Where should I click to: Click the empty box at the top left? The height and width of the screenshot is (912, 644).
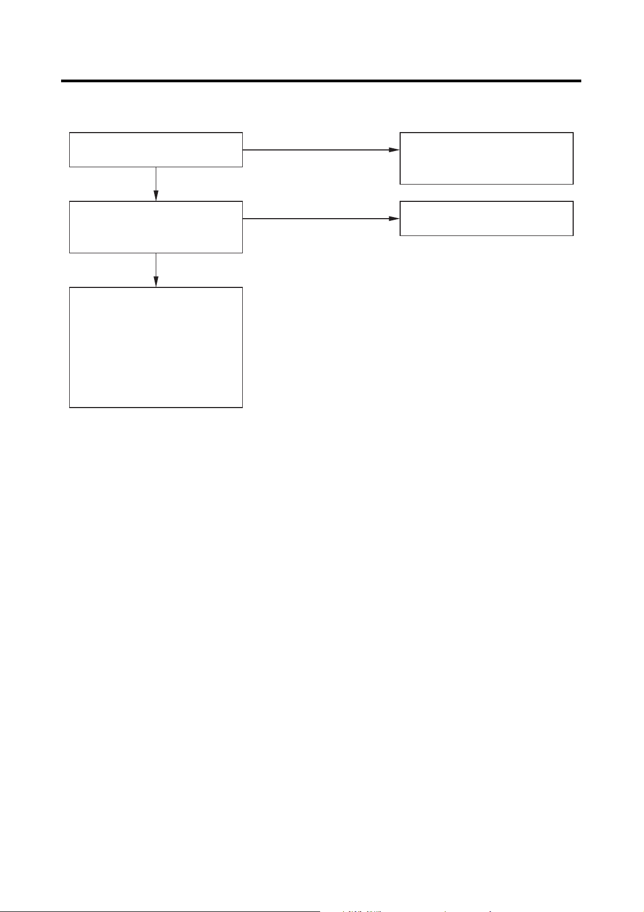(x=156, y=149)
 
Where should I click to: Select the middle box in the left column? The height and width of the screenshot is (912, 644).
(x=156, y=227)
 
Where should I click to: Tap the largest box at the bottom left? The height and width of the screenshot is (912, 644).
(x=156, y=347)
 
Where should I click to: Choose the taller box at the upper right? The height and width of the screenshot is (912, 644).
(x=486, y=158)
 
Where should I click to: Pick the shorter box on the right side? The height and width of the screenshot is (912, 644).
(x=486, y=218)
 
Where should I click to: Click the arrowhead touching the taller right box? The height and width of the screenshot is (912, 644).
(x=394, y=149)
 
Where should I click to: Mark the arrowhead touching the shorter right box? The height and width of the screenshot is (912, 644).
(x=394, y=219)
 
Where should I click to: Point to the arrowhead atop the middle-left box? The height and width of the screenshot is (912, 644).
(x=156, y=196)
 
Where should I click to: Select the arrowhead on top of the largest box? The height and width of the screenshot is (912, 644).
(x=156, y=282)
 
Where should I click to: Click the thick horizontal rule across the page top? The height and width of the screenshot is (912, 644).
(x=321, y=81)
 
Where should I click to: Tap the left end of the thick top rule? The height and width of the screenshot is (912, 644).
(x=62, y=81)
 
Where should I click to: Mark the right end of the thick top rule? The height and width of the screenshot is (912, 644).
(x=580, y=81)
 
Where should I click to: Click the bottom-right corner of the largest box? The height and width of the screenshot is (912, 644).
(x=242, y=407)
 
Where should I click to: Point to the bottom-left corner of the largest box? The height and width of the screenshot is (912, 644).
(x=70, y=407)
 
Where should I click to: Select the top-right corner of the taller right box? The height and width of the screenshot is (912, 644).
(x=573, y=133)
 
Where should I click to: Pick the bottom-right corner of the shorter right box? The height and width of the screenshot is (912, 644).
(x=573, y=235)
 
